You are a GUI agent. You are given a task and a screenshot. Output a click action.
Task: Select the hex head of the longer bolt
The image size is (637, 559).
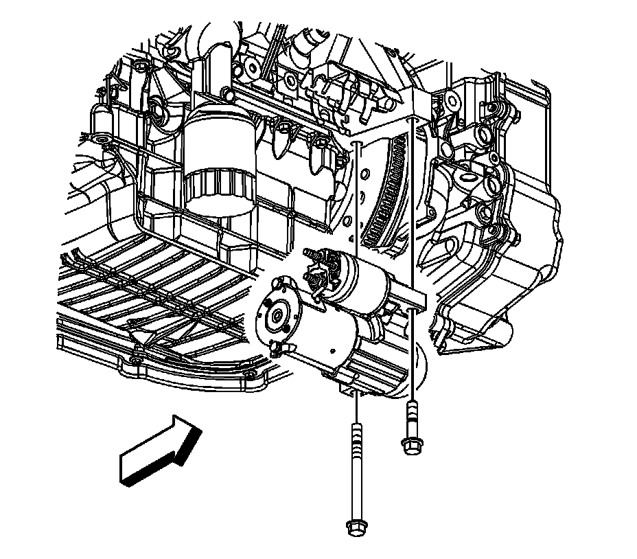pos(356,527)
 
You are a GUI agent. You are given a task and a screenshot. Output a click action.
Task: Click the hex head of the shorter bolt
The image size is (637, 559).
pos(410,447)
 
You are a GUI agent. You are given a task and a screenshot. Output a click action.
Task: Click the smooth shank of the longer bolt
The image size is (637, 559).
pos(356,481)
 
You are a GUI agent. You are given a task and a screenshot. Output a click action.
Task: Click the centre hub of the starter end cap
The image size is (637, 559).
pos(276,317)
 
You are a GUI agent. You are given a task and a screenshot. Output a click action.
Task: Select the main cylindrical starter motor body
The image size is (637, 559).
pos(323,336)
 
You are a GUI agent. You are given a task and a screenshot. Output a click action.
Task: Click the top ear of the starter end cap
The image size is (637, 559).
pos(279,282)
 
